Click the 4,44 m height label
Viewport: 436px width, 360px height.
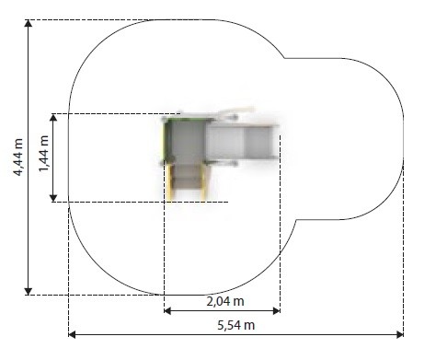(x=17, y=157)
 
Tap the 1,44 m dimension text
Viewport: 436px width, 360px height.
(x=43, y=154)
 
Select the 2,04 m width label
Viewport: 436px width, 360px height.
(x=225, y=301)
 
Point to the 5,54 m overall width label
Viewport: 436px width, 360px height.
(x=236, y=325)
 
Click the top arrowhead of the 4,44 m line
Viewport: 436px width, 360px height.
(x=29, y=23)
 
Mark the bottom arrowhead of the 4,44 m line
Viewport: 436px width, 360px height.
(x=29, y=292)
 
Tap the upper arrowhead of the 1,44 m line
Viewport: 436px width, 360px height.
(x=53, y=118)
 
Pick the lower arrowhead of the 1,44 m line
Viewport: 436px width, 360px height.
(x=53, y=198)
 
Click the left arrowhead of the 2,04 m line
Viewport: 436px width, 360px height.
(x=167, y=311)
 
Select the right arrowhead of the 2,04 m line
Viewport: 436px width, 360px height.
(x=277, y=311)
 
